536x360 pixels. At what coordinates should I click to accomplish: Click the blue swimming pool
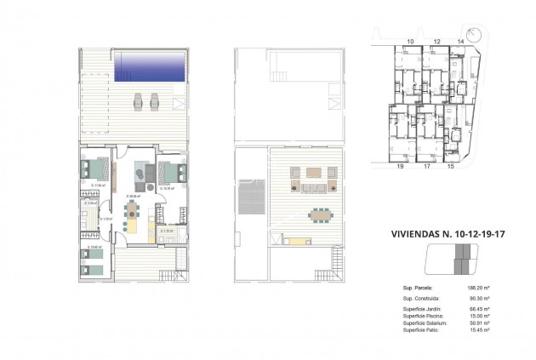(x=149, y=65)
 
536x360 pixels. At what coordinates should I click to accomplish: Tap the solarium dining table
(x=320, y=214)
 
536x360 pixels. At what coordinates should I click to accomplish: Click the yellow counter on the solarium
(x=299, y=241)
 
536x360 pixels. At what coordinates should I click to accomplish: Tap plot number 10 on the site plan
(x=410, y=41)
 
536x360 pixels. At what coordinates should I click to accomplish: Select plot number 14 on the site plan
(x=461, y=41)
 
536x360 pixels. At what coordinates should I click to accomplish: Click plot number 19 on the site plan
(x=399, y=168)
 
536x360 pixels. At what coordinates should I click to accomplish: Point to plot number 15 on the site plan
(x=450, y=168)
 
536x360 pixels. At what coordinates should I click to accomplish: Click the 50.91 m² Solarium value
(x=469, y=323)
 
